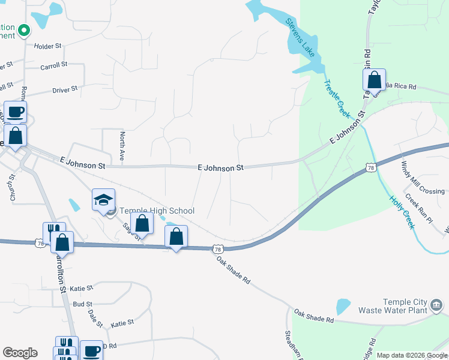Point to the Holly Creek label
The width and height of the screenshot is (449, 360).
[x=402, y=212]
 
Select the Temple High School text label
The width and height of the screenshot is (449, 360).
[x=157, y=211]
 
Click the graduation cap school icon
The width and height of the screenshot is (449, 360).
[x=103, y=200]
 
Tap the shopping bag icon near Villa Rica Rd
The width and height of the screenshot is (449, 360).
[x=374, y=80]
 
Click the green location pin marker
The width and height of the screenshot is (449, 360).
[x=24, y=29]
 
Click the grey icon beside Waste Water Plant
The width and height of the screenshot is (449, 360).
[x=437, y=307]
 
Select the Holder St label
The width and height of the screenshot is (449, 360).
[x=48, y=46]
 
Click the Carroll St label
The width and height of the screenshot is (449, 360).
[x=53, y=67]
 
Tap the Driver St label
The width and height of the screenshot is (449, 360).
[x=65, y=89]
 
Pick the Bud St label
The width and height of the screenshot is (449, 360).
[x=82, y=305]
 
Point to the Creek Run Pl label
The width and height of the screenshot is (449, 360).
[x=418, y=208]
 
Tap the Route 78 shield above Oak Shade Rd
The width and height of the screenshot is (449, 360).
[x=217, y=248]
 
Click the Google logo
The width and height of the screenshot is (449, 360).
[x=20, y=353]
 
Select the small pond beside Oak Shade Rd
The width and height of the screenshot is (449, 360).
[x=343, y=307]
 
